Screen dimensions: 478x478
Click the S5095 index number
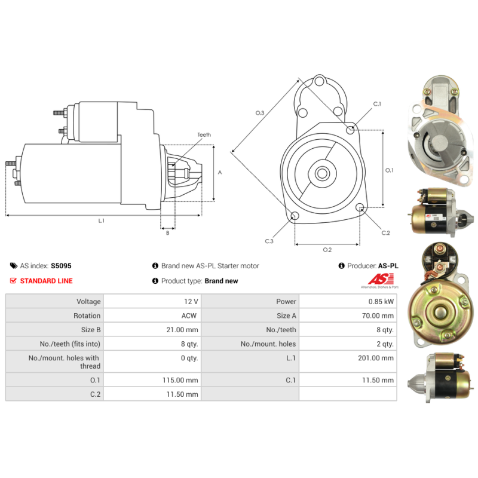(x=61, y=266)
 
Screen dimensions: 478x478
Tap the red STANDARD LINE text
(x=47, y=281)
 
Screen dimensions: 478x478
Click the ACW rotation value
(x=189, y=315)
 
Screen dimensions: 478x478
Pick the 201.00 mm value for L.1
(x=376, y=358)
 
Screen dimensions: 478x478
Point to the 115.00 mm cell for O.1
(x=180, y=380)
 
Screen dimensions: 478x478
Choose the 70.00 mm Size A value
(x=378, y=315)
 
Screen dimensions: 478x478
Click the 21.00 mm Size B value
(x=182, y=330)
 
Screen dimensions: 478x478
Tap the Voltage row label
(x=88, y=302)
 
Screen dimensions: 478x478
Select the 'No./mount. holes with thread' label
(x=65, y=362)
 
